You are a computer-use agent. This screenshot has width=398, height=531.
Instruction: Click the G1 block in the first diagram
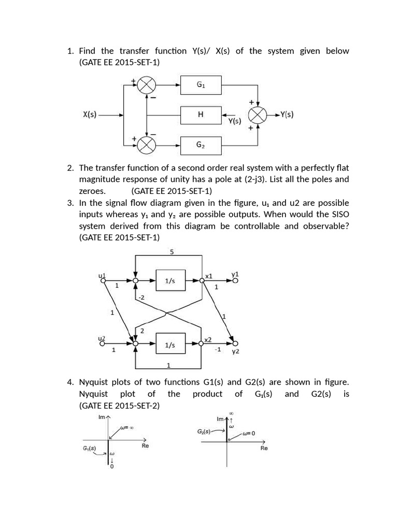[x=201, y=85]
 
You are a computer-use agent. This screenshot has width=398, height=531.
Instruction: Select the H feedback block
[x=201, y=115]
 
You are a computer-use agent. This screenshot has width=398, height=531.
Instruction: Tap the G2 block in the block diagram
[x=201, y=145]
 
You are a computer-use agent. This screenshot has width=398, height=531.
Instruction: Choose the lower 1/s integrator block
[x=170, y=344]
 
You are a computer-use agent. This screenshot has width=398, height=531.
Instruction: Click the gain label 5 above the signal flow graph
[x=172, y=252]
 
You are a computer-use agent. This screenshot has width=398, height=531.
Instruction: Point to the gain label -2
[x=141, y=297]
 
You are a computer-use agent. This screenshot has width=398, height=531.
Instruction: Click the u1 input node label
[x=102, y=275]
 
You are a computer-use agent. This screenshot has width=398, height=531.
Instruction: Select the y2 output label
[x=235, y=352]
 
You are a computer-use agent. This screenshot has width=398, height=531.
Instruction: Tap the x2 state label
[x=208, y=340]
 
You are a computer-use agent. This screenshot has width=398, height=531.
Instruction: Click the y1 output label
[x=235, y=273]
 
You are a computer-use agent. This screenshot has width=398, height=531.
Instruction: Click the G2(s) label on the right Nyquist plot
[x=204, y=431]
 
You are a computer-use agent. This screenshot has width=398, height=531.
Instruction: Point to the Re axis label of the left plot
[x=145, y=445]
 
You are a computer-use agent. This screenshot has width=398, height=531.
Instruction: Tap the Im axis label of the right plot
[x=220, y=418]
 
